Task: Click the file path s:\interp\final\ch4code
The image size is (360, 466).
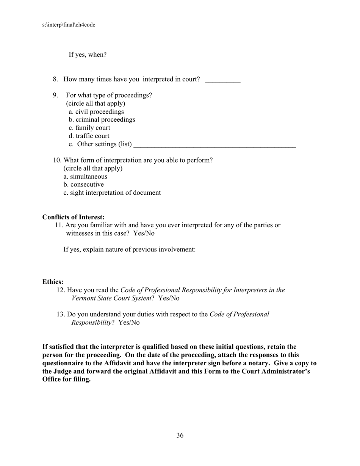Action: (69, 25)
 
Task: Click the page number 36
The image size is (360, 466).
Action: (180, 435)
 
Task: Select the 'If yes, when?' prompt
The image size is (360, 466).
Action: (88, 55)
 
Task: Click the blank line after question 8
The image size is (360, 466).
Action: (223, 80)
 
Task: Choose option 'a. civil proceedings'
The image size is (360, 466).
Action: (96, 112)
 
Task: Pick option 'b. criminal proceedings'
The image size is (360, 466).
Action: (102, 120)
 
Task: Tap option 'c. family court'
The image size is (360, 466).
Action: (89, 128)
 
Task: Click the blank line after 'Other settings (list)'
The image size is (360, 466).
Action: (214, 145)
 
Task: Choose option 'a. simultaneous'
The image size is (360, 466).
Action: (85, 177)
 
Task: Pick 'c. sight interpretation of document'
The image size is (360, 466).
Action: (112, 193)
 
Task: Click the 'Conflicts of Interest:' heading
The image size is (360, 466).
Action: (74, 217)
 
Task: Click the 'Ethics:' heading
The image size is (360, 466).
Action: (53, 282)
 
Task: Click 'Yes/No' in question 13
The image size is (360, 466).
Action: (129, 323)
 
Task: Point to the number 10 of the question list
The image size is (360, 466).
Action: (57, 160)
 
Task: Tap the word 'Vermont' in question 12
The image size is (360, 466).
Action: (83, 298)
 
